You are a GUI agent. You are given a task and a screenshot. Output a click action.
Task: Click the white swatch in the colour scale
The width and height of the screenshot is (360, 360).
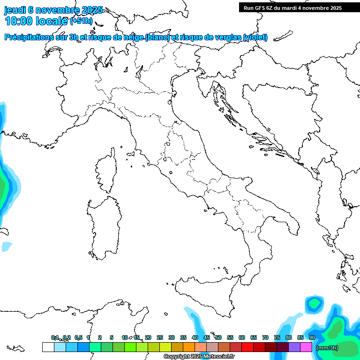click(48, 347)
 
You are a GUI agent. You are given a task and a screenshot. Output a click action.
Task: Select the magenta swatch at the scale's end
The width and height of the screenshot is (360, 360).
click(306, 347)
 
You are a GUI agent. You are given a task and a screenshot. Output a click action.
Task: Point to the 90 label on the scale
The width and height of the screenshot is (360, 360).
click(312, 337)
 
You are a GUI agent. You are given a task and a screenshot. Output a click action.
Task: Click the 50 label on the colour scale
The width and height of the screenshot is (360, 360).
click(218, 337)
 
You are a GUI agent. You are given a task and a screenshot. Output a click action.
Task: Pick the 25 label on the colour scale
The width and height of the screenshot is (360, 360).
click(160, 337)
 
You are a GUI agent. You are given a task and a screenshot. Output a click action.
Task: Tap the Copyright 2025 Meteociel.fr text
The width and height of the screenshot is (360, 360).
click(199, 357)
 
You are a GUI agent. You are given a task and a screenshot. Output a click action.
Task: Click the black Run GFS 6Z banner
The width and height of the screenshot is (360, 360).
click(299, 7)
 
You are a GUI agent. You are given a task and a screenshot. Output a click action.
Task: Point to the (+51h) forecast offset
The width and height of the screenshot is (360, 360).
click(81, 21)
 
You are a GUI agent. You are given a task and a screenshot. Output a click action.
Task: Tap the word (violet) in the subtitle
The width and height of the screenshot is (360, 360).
click(255, 37)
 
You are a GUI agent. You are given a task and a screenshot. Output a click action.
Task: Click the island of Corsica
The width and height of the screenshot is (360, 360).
click(106, 171)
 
